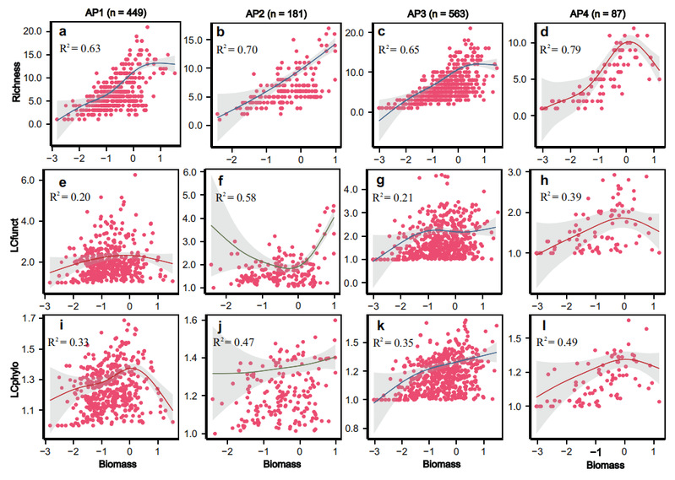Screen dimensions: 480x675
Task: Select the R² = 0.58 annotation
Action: click(x=236, y=197)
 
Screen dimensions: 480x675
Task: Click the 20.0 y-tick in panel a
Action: click(x=31, y=31)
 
